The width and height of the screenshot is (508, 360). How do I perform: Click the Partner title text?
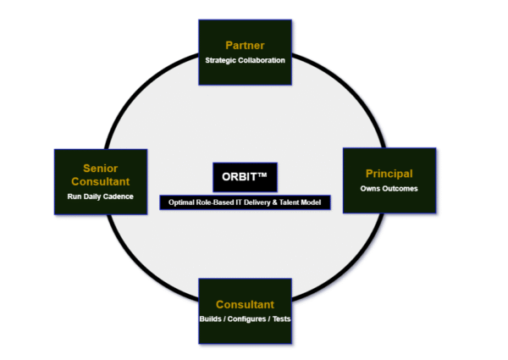[x=245, y=44]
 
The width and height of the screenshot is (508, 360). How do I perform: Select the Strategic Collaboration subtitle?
[x=245, y=60]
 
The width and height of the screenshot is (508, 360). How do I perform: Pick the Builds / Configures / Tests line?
[x=245, y=319]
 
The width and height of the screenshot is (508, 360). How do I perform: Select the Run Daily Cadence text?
[x=100, y=196]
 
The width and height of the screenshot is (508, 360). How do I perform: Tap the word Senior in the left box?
[x=100, y=168]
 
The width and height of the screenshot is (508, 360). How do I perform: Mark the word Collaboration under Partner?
[x=262, y=60]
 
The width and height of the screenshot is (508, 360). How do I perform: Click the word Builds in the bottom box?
[x=212, y=319]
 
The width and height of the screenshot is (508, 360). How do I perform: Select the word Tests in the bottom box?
[x=280, y=319]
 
